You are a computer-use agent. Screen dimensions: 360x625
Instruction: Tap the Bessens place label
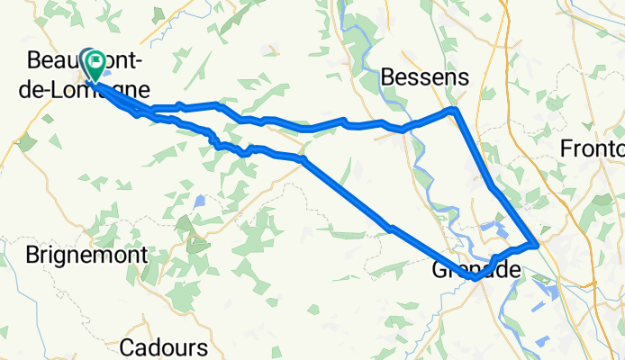[x=425, y=78]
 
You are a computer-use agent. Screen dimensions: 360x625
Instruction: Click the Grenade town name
[x=476, y=269]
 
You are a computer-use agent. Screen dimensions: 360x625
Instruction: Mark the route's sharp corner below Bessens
[x=455, y=110]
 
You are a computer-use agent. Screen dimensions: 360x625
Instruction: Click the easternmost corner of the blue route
[x=537, y=243]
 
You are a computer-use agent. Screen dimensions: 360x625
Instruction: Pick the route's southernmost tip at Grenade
[x=475, y=278]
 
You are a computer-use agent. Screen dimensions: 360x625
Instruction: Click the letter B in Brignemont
[x=32, y=256]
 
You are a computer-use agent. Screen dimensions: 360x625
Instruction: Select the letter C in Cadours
[x=127, y=347]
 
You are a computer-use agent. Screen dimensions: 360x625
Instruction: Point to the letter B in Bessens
[x=389, y=78]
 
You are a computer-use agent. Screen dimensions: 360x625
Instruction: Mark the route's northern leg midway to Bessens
[x=306, y=127]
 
